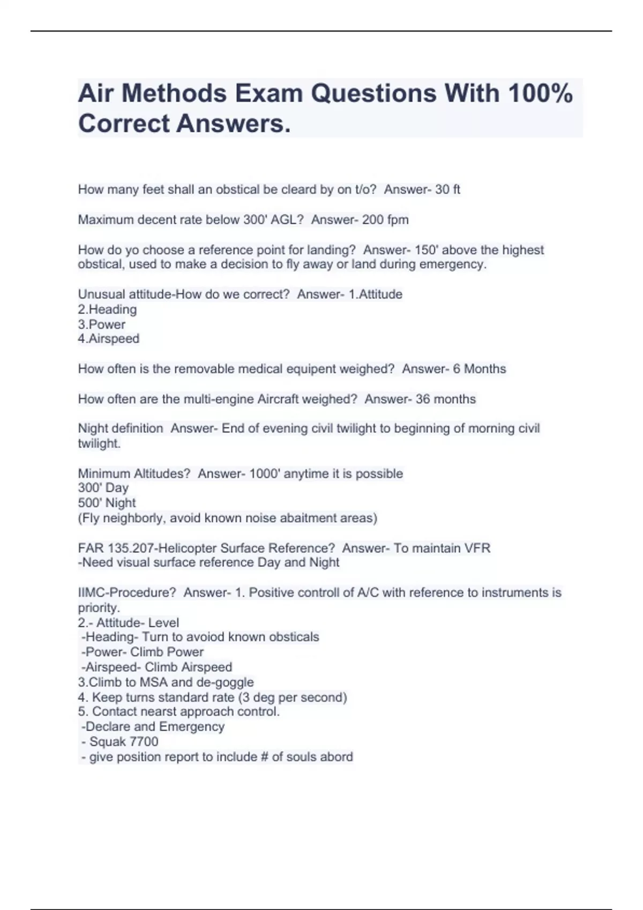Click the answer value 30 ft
[447, 189]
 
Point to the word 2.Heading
[107, 309]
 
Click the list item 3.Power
[102, 324]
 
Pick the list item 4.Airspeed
[109, 339]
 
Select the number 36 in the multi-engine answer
[423, 399]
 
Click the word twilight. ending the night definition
[99, 443]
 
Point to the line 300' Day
[103, 488]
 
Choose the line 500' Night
[107, 503]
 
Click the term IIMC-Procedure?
[127, 593]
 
